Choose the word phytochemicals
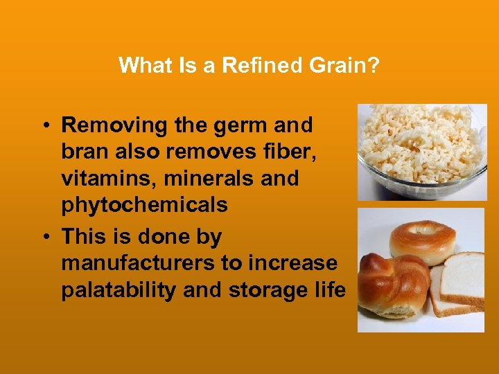tap(144, 205)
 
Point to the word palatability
tap(119, 290)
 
